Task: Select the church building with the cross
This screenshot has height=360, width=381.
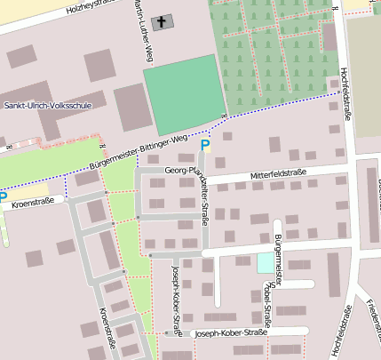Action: [x=163, y=21]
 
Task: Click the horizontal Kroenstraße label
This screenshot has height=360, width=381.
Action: [x=33, y=203]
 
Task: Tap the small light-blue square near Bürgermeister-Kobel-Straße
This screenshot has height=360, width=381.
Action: [x=266, y=263]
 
